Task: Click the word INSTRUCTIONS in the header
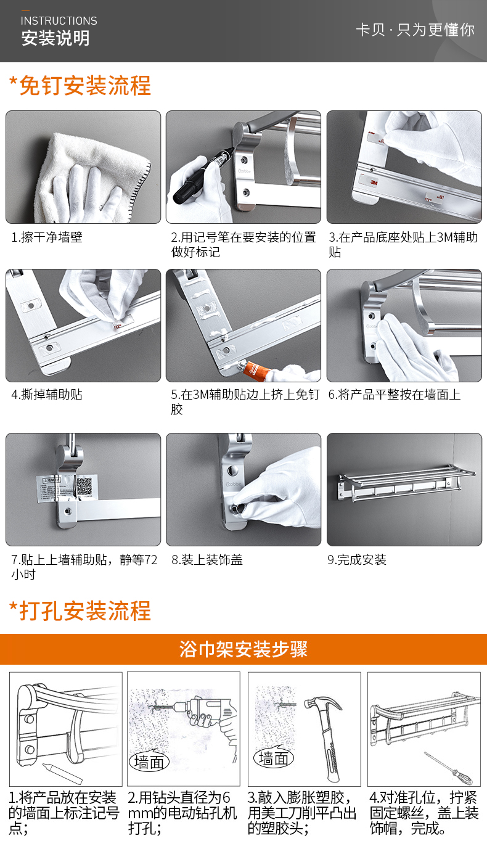pos(59,20)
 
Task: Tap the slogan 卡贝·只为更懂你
pos(415,30)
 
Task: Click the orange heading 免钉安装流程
pos(85,85)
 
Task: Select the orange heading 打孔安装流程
pos(85,611)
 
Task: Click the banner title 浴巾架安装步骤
pos(243,649)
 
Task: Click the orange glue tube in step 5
pos(254,369)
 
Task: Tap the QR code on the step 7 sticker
pos(84,486)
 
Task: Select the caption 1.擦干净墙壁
pos(47,237)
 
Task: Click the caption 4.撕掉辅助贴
pos(47,394)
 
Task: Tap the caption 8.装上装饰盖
pos(207,560)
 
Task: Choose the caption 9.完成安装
pos(357,560)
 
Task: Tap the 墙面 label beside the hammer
pos(274,758)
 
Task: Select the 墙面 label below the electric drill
pos(149,762)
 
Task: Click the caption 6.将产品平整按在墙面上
pos(395,394)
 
